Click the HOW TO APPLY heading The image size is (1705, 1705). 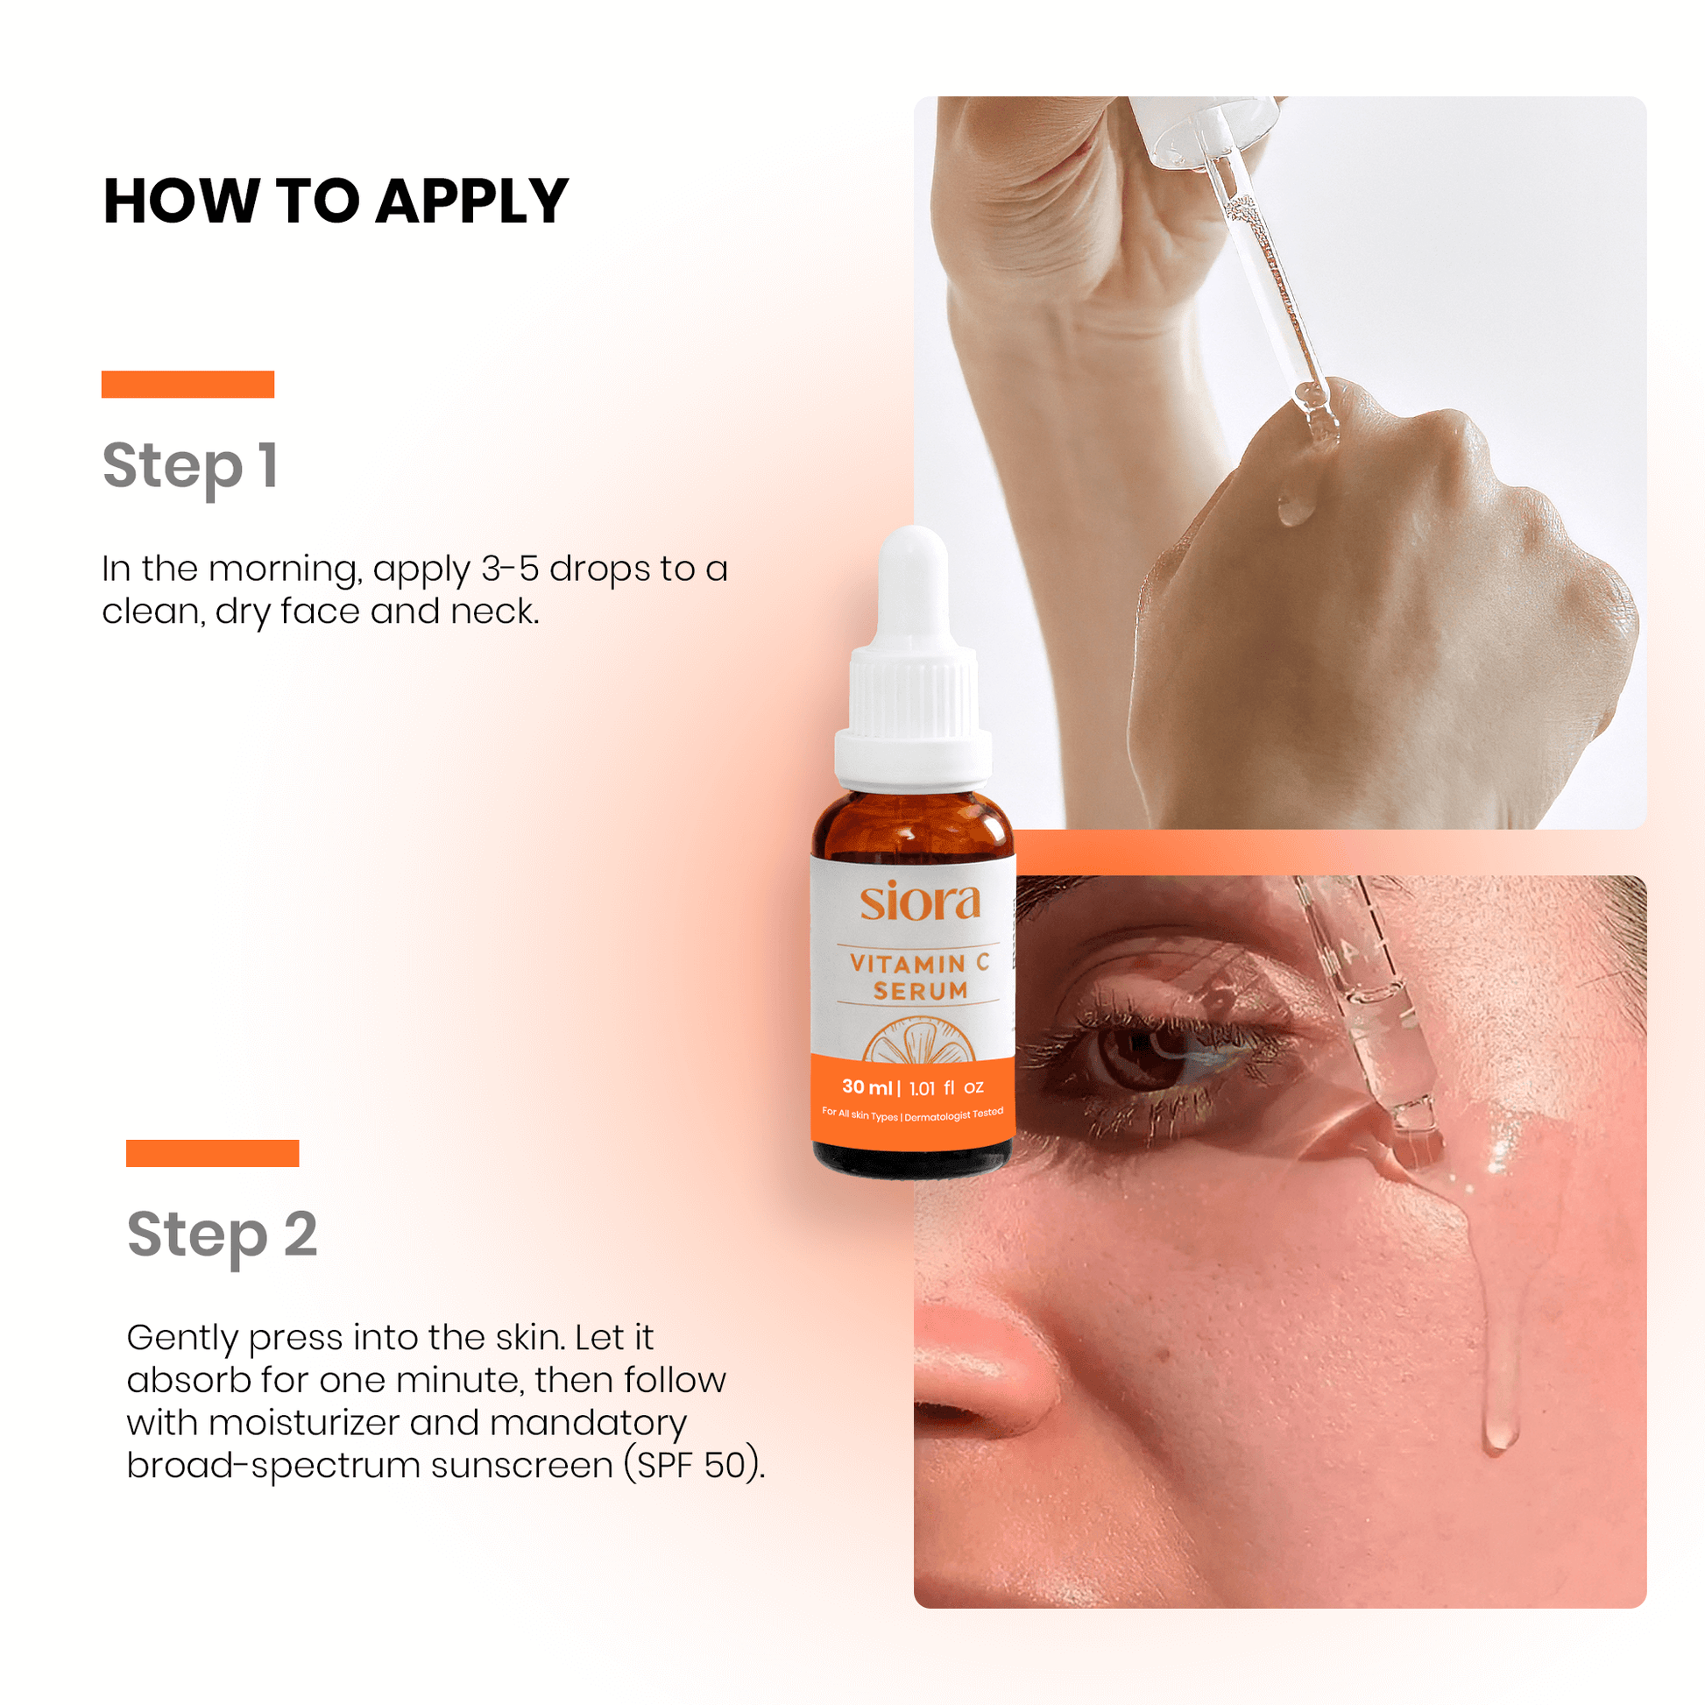click(x=336, y=202)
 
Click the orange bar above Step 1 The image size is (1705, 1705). click(x=188, y=384)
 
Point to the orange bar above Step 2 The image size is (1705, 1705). click(x=213, y=1152)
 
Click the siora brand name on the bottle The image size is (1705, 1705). click(x=921, y=901)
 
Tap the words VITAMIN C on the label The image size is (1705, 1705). click(x=920, y=963)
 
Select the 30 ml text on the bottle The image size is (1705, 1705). click(x=867, y=1087)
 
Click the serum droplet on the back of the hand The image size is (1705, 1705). click(x=1294, y=506)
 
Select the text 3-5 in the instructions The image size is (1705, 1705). click(x=509, y=569)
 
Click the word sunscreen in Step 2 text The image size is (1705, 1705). click(x=522, y=1468)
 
